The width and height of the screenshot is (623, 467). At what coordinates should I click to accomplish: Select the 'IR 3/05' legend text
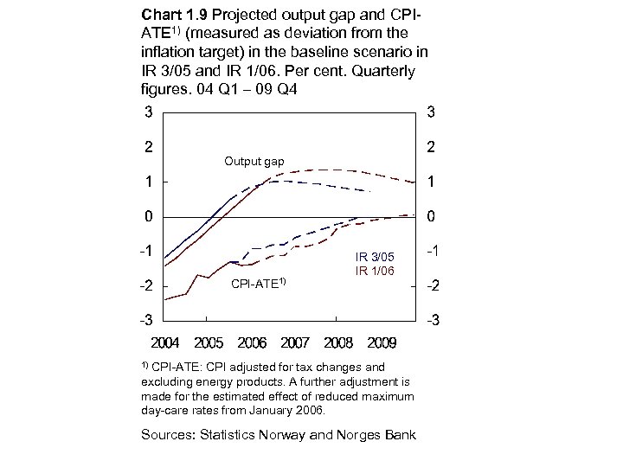click(x=374, y=257)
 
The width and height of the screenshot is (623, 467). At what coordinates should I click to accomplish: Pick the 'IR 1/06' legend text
click(x=374, y=271)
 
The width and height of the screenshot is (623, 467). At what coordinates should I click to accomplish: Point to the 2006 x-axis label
click(x=251, y=342)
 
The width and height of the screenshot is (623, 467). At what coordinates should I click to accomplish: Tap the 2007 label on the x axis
click(x=294, y=342)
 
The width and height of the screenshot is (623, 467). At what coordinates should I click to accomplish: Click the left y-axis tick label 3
click(x=150, y=112)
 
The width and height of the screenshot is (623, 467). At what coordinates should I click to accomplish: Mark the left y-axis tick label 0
click(x=150, y=215)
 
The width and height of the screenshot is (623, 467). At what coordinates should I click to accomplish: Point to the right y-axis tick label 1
click(x=430, y=182)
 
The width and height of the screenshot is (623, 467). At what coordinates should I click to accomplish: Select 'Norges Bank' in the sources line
click(x=377, y=433)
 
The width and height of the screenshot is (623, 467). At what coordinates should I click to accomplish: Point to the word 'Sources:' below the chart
click(x=169, y=433)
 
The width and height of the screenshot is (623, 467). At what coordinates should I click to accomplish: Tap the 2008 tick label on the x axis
click(x=337, y=342)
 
